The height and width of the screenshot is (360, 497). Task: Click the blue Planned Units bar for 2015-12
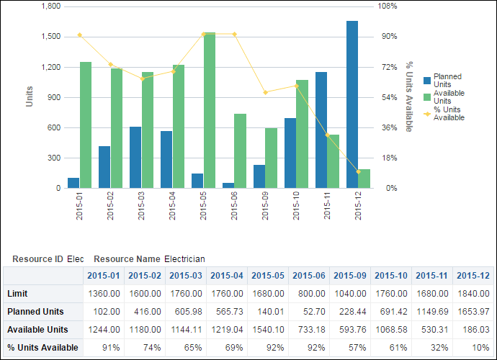352,104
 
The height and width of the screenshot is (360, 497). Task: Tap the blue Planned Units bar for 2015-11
321,130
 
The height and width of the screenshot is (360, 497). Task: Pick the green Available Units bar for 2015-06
241,150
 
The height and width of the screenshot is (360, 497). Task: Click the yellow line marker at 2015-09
266,92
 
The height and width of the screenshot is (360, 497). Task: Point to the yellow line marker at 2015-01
80,35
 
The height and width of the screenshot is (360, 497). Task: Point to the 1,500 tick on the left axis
50,37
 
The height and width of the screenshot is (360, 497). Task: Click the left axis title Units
30,96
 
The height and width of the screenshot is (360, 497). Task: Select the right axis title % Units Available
409,96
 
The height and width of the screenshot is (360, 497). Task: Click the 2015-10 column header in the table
391,275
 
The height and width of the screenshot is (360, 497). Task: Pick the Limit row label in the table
18,294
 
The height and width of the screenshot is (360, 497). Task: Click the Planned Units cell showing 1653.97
473,311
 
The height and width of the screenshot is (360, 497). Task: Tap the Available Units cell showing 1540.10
268,329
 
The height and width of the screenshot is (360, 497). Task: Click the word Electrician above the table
184,258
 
